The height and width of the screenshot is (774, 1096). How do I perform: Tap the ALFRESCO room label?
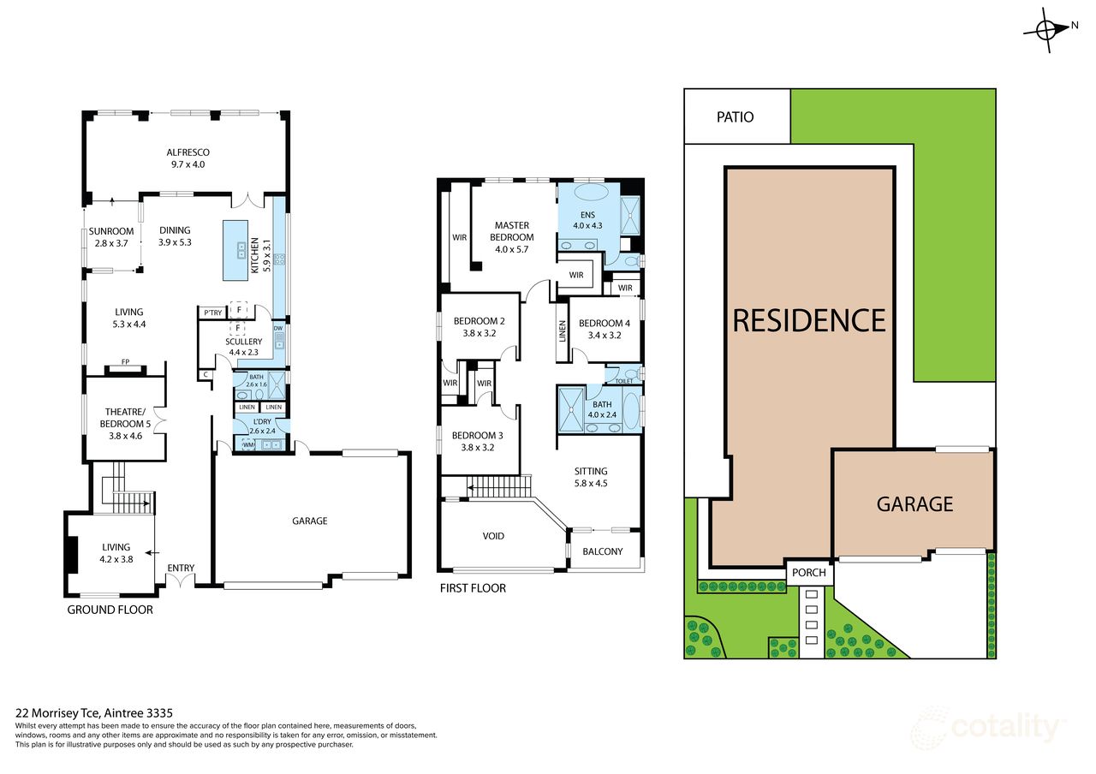[x=188, y=152]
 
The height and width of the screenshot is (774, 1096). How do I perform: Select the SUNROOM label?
[x=111, y=231]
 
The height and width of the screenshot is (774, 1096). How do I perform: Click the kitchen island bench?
[x=235, y=251]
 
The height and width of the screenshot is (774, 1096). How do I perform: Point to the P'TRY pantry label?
[x=213, y=313]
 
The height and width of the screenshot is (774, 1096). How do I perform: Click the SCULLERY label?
[x=244, y=342]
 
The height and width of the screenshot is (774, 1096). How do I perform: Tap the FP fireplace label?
[x=125, y=362]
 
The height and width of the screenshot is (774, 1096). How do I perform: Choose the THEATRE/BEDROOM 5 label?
[x=125, y=418]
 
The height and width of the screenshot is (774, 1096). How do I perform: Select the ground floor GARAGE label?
[x=310, y=521]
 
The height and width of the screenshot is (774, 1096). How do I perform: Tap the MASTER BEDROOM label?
[x=512, y=231]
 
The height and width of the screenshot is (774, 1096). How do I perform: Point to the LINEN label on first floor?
[x=563, y=331]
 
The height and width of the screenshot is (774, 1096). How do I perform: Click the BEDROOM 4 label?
[x=605, y=324]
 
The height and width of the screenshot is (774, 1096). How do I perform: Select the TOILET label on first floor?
[x=624, y=381]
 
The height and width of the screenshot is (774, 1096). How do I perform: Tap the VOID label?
[x=493, y=536]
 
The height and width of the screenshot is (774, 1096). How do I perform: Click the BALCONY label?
[x=603, y=551]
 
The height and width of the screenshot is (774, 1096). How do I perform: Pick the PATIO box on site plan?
[x=737, y=116]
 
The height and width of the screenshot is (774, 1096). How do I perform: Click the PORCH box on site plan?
[x=809, y=573]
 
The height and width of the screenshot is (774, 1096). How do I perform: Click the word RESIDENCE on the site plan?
[x=809, y=320]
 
